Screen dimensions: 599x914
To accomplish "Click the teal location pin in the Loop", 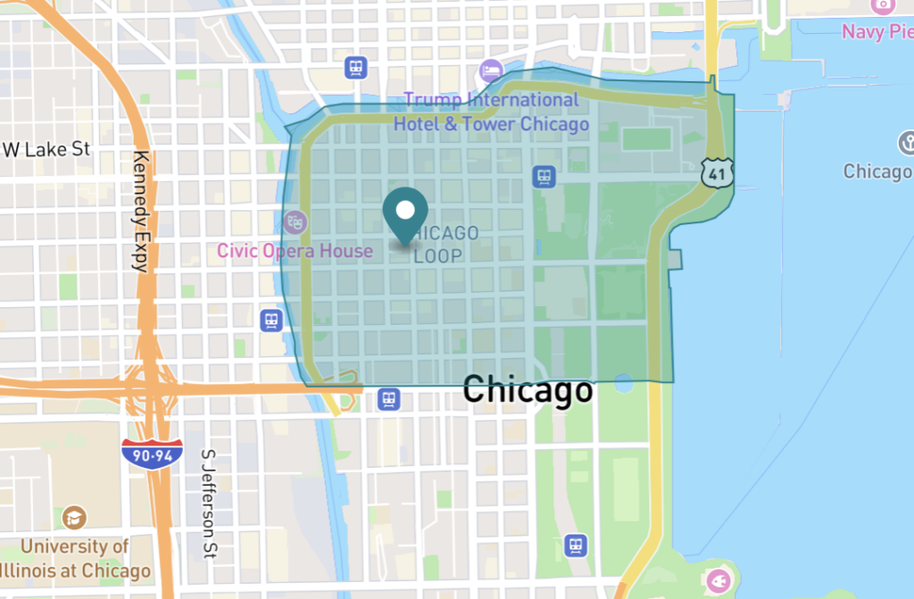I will pos(405,213).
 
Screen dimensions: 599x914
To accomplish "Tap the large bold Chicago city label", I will pos(527,389).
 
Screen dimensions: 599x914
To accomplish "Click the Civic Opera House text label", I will pos(295,251).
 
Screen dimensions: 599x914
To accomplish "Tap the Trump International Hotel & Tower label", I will pos(491,112).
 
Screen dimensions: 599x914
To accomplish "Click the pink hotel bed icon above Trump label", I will pos(491,70).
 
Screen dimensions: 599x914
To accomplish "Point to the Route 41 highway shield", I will pos(717,172).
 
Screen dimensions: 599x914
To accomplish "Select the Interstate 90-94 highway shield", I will pos(153,454).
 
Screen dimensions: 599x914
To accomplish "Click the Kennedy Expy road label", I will pos(139,211).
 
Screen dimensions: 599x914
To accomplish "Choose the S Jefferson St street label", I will pos(210,500).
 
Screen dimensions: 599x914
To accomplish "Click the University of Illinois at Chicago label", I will pos(75,559).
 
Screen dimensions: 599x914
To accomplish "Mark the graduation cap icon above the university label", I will pos(75,517).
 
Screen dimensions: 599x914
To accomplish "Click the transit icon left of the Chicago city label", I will pos(388,398).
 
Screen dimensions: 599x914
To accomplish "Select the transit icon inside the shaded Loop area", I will pos(544,177).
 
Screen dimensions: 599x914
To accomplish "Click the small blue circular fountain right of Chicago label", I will pos(623,384).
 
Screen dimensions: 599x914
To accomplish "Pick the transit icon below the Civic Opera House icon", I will pos(271,320).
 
